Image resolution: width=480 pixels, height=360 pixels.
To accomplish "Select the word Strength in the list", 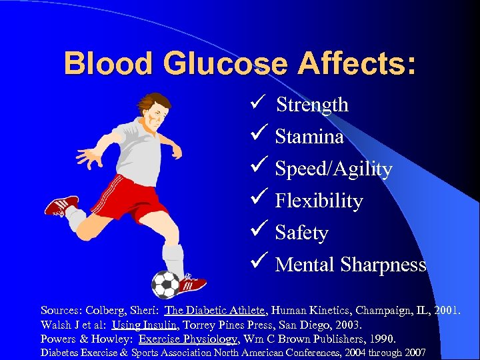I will [312, 105].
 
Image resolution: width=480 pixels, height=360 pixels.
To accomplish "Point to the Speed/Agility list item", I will [333, 169].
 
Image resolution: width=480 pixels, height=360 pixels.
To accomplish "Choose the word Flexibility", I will [319, 201].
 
